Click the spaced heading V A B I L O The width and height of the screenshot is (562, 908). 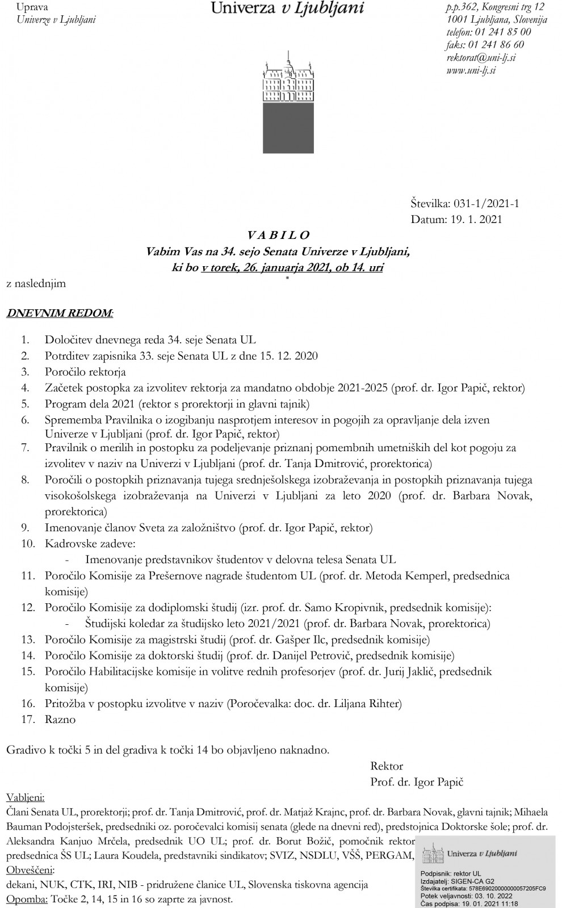click(278, 235)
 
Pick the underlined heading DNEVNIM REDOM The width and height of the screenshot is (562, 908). click(59, 313)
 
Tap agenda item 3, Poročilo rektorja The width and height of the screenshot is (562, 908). click(85, 372)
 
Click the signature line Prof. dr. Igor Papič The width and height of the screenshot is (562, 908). click(417, 782)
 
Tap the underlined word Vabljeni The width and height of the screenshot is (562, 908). click(26, 797)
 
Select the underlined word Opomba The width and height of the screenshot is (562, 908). click(27, 899)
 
